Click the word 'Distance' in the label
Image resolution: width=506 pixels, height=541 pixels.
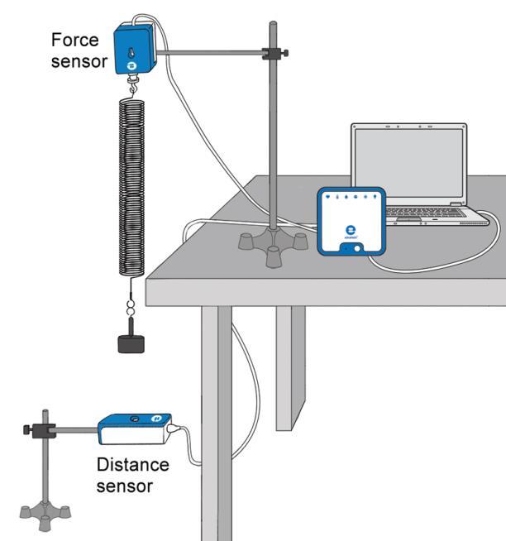(132, 466)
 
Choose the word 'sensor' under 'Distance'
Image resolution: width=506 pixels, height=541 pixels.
(125, 486)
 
